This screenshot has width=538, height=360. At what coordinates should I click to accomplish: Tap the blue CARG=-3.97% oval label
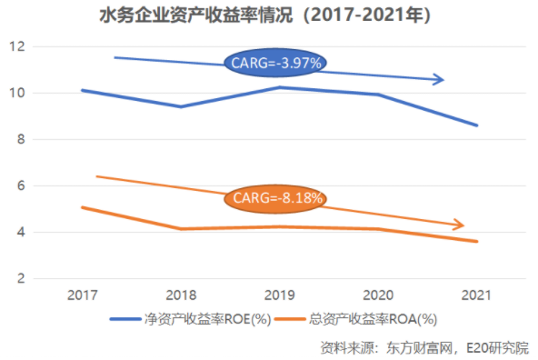click(x=275, y=63)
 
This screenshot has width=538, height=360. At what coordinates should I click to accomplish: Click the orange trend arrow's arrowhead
click(x=460, y=225)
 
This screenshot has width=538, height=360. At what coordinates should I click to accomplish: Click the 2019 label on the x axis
click(x=279, y=295)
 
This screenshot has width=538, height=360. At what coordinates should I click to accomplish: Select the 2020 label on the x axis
click(x=378, y=295)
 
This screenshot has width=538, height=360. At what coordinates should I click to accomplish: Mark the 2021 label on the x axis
click(x=477, y=295)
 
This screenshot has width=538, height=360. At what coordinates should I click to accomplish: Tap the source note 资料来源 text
click(x=424, y=347)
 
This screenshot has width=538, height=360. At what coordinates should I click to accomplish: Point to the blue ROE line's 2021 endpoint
click(x=477, y=125)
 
